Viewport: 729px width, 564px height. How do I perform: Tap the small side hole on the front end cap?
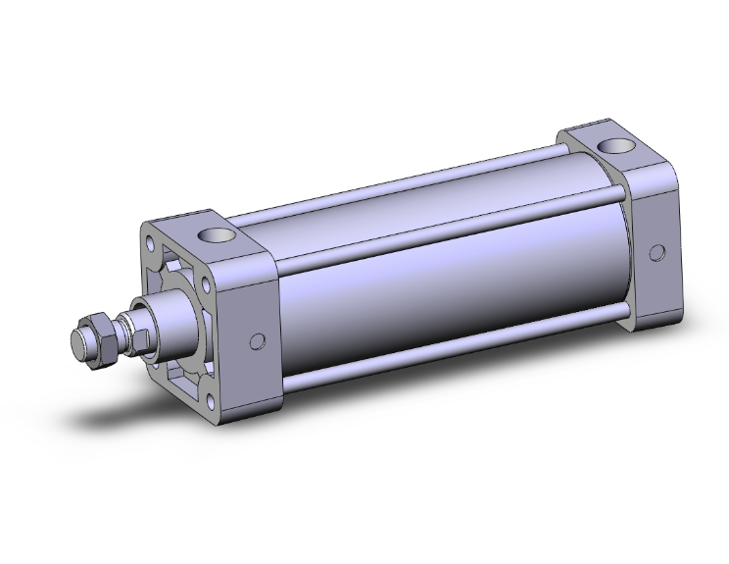pos(258,341)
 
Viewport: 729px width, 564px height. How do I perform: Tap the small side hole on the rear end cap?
pos(656,253)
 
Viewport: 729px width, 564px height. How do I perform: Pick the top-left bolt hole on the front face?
pos(148,241)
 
